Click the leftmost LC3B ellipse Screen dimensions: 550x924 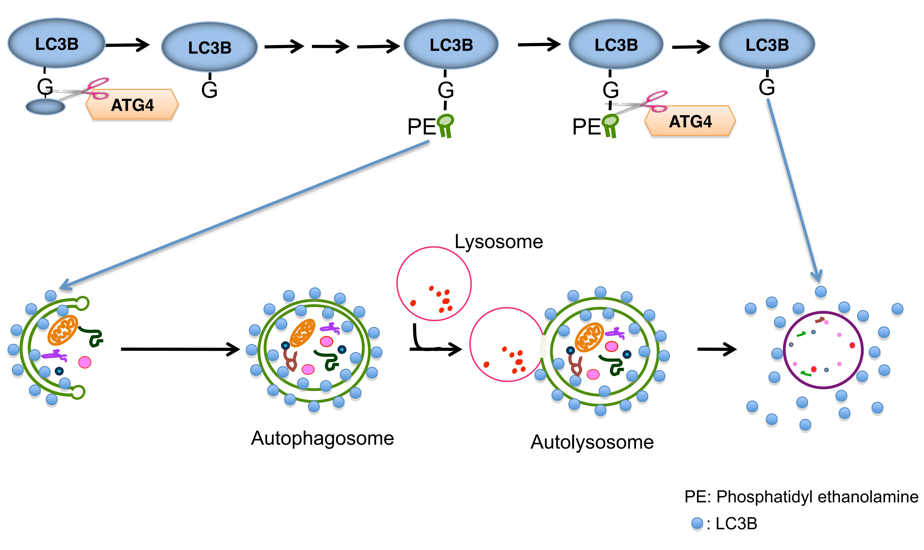pyautogui.click(x=56, y=43)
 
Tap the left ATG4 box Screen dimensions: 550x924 pyautogui.click(x=132, y=105)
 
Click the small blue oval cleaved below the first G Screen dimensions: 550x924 pyautogui.click(x=45, y=107)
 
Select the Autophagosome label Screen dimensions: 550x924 pyautogui.click(x=322, y=438)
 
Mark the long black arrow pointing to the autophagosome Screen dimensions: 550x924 pyautogui.click(x=180, y=349)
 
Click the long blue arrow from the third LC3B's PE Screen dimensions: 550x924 pyautogui.click(x=245, y=215)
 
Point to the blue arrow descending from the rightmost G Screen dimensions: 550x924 pyautogui.click(x=794, y=189)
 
